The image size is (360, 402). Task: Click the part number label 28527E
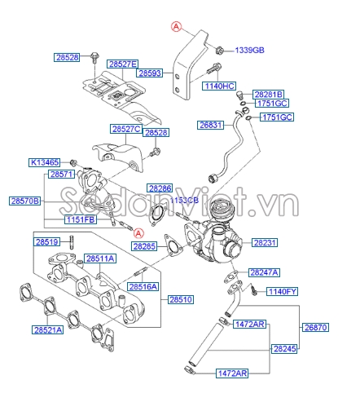click(x=124, y=64)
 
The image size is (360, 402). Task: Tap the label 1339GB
click(x=251, y=50)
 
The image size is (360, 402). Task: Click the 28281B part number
click(x=268, y=95)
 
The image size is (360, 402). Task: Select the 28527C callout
click(x=126, y=130)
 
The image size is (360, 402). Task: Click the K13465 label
click(x=45, y=161)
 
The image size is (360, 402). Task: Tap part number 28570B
click(x=25, y=200)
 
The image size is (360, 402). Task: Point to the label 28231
click(x=265, y=242)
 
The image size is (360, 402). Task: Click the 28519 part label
click(x=46, y=242)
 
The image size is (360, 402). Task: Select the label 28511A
click(x=101, y=258)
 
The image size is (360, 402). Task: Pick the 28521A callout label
click(x=47, y=330)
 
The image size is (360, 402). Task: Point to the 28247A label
click(x=265, y=272)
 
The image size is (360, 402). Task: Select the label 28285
click(x=144, y=245)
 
